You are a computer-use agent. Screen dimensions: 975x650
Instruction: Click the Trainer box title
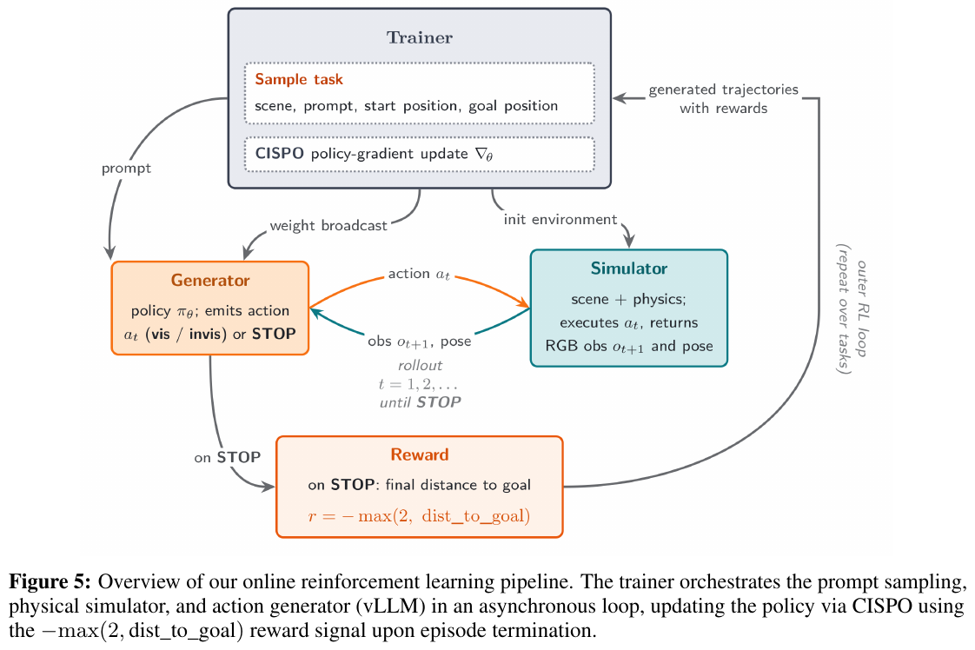point(420,38)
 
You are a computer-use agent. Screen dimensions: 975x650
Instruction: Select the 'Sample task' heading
point(298,80)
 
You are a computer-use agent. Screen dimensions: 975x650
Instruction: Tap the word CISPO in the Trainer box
point(279,154)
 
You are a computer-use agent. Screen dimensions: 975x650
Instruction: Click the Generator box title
point(210,281)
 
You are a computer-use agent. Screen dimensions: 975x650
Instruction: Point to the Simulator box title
point(628,269)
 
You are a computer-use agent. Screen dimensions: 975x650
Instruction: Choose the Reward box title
point(420,454)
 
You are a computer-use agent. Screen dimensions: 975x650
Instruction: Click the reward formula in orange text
point(419,515)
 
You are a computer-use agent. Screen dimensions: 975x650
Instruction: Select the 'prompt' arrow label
point(126,169)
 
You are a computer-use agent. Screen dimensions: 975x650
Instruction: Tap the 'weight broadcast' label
point(328,225)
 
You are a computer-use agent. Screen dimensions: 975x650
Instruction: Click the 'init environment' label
point(560,220)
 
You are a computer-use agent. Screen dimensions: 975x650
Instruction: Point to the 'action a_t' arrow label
point(419,274)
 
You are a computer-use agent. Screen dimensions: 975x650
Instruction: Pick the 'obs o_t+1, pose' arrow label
point(419,342)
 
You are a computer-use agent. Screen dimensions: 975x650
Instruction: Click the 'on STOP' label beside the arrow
point(227,458)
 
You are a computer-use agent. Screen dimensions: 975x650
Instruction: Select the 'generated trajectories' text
point(723,90)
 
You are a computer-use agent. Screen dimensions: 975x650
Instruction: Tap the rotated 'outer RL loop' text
point(862,308)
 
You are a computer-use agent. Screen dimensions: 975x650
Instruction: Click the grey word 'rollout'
point(421,365)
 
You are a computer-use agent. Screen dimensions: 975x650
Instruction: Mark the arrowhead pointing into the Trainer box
point(620,97)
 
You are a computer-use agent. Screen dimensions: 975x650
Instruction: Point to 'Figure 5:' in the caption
point(50,582)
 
